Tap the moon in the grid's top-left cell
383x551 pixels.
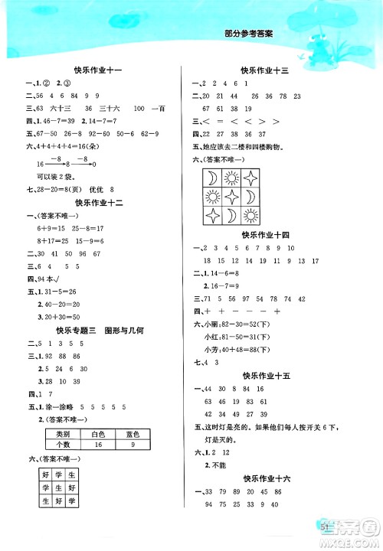(x=211, y=179)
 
